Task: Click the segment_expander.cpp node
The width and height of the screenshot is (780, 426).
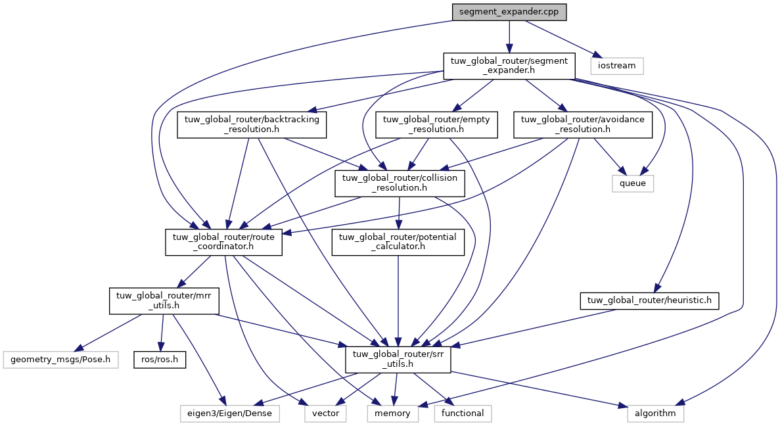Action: point(509,12)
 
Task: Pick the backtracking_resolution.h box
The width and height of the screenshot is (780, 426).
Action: point(252,124)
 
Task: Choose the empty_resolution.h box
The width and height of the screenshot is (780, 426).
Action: point(436,124)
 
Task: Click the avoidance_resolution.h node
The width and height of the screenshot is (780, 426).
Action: point(582,124)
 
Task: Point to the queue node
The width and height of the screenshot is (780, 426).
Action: point(633,183)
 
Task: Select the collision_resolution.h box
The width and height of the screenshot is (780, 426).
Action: point(400,183)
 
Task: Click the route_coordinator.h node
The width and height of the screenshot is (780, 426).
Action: point(223,243)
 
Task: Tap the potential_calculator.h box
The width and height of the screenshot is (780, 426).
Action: point(398,243)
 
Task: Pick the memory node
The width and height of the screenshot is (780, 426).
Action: point(392,414)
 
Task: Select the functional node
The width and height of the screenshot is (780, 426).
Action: point(462,414)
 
